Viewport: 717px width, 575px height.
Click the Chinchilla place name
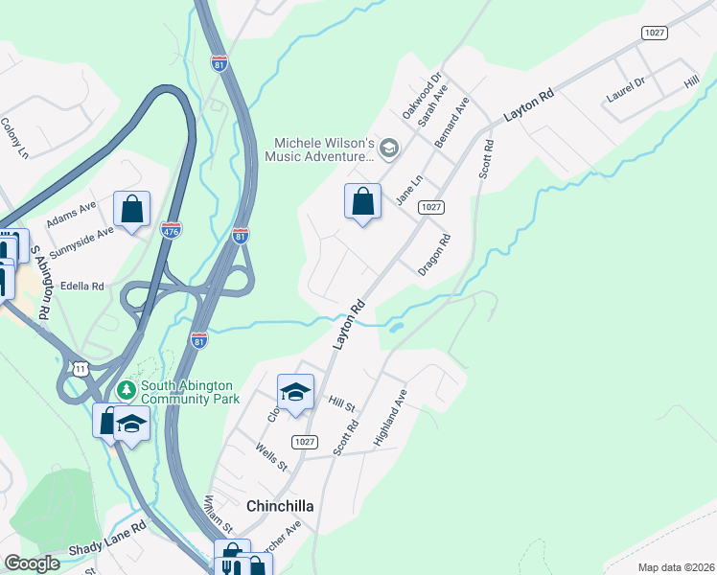[x=282, y=505]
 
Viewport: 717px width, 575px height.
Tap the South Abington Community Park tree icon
[x=126, y=391]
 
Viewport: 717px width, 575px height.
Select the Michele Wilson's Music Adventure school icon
[x=389, y=148]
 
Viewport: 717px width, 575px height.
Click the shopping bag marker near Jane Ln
[x=362, y=202]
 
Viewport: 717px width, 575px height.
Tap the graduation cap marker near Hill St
[x=295, y=391]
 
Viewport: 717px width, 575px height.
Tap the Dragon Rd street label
[x=434, y=256]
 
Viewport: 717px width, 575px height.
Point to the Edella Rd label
[x=81, y=286]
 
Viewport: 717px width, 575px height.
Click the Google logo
[x=33, y=563]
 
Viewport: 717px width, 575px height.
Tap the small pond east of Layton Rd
[x=394, y=328]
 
